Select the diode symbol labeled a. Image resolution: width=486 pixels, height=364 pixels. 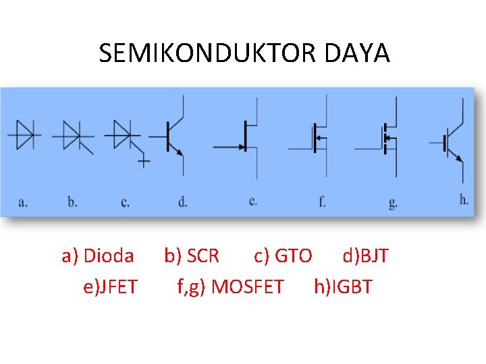tap(25, 135)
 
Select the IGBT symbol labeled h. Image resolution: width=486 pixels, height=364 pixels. tap(451, 142)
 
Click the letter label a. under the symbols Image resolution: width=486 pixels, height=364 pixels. tap(23, 202)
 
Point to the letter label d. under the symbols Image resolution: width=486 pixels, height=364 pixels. tap(182, 202)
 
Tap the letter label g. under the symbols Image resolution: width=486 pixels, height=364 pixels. tap(393, 202)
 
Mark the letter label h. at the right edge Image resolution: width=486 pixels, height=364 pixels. tap(464, 200)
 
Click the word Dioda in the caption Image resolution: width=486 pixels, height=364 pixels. tap(109, 256)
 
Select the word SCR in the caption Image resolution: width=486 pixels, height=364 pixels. tap(202, 256)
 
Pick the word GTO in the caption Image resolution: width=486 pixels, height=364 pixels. tap(294, 256)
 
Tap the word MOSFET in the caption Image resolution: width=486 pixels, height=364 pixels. tap(248, 287)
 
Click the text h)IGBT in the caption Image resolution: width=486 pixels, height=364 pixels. tap(343, 287)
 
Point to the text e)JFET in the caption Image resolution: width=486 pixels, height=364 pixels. tap(110, 287)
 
